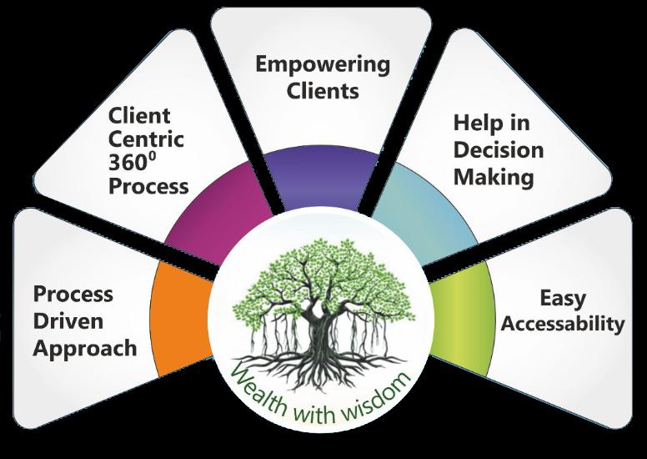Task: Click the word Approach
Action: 83,347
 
